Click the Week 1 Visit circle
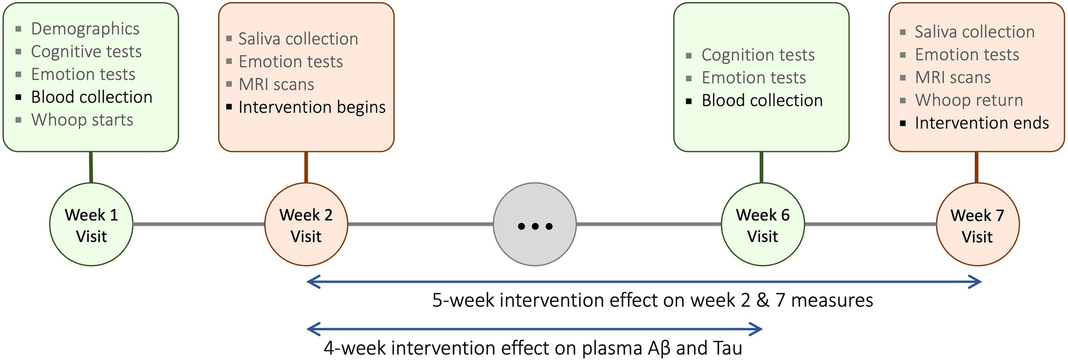point(91,225)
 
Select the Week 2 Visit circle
point(306,225)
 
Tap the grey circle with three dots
point(535,225)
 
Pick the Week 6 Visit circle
point(762,225)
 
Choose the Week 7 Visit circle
point(977,225)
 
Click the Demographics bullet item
point(85,29)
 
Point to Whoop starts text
point(82,120)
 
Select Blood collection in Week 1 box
point(92,97)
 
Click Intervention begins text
point(312,107)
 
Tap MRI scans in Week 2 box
point(276,84)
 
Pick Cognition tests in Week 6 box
point(758,55)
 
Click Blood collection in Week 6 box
point(762,100)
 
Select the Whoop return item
point(969,100)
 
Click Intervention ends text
point(982,123)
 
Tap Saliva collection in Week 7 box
point(974,32)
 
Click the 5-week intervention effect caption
point(652,300)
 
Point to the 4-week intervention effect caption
point(532,348)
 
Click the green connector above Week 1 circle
point(91,167)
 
